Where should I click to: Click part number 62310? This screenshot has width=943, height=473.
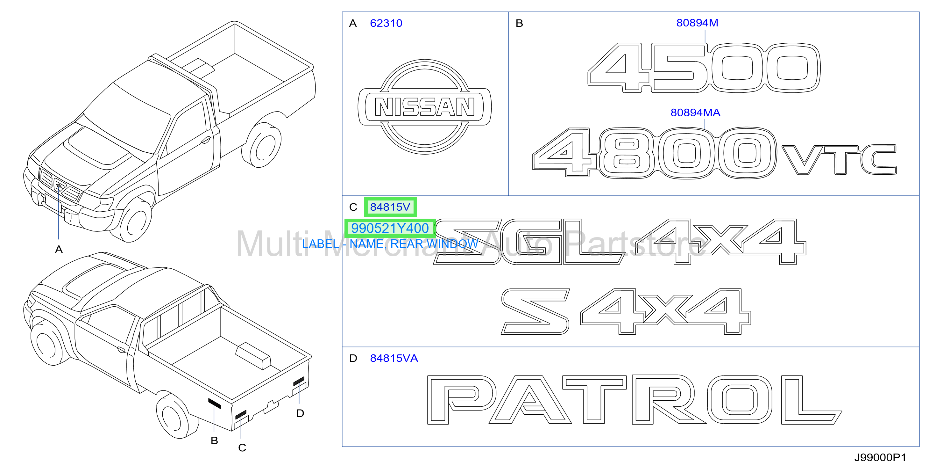point(386,23)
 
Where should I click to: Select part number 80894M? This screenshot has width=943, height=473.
point(697,23)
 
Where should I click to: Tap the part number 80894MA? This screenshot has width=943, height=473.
point(695,113)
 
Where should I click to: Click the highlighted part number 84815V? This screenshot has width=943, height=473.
point(390,207)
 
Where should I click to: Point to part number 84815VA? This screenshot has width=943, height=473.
point(394,358)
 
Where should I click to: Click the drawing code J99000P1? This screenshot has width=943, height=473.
point(880,457)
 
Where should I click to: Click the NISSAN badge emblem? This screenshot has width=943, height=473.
point(425,107)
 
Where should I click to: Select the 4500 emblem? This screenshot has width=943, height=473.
point(704,68)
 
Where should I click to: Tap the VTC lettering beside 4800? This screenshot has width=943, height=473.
point(839,160)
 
